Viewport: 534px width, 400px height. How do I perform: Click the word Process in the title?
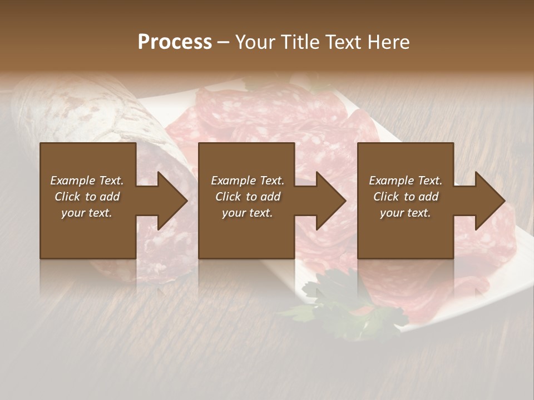(x=175, y=42)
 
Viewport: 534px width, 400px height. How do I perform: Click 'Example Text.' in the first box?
(x=87, y=181)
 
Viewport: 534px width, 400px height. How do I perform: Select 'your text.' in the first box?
(x=87, y=213)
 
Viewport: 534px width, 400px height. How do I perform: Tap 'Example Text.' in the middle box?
(x=248, y=181)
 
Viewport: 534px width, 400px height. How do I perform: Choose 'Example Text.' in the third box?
(x=406, y=181)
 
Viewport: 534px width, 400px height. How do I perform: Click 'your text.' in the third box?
(x=406, y=213)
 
